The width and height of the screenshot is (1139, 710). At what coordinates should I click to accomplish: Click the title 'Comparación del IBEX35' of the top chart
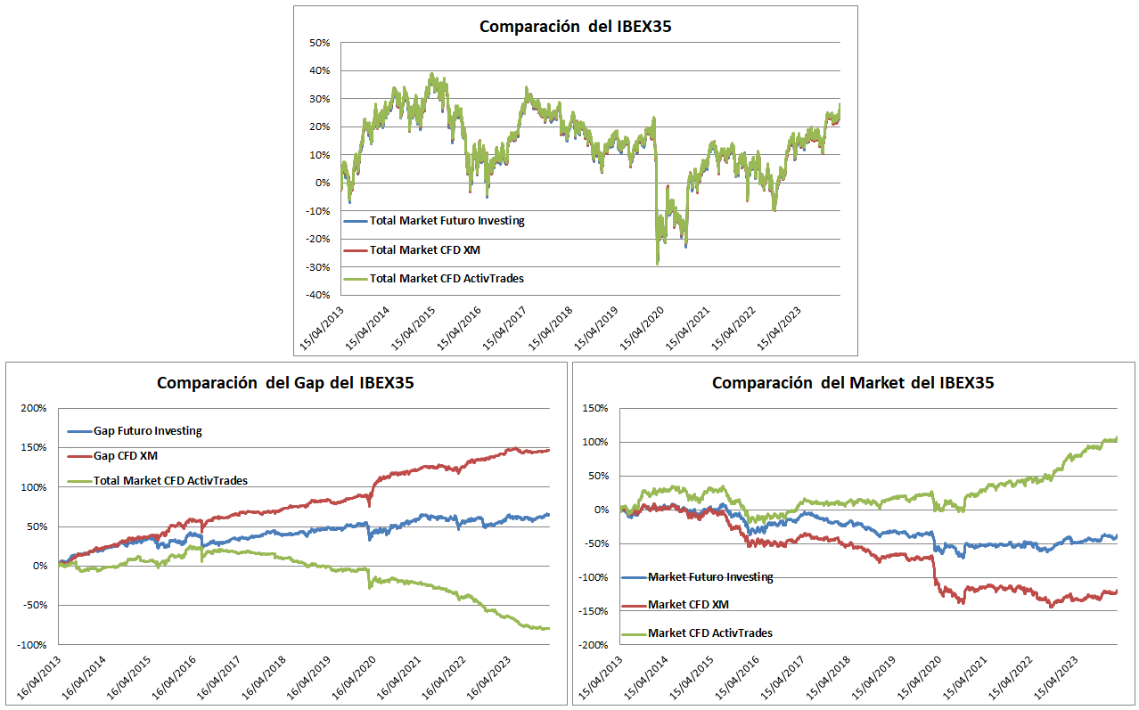[575, 26]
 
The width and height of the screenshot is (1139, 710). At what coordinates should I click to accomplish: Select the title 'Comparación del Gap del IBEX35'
[285, 383]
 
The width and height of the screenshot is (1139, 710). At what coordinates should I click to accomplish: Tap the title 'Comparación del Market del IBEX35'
[853, 383]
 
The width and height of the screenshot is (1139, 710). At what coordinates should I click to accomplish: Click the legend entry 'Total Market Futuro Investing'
[447, 221]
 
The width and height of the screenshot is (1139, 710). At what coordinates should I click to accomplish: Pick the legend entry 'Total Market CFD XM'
[423, 249]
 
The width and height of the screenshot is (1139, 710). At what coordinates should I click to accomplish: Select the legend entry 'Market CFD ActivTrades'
[709, 633]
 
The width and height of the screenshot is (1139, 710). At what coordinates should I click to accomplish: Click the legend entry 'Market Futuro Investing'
[710, 577]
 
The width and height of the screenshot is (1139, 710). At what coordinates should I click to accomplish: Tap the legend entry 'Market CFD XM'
[688, 605]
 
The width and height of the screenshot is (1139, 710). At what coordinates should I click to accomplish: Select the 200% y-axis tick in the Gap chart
[35, 409]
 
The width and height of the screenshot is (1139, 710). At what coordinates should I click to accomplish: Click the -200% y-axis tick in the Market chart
[594, 644]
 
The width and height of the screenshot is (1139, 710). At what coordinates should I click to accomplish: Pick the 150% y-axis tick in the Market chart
[596, 409]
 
